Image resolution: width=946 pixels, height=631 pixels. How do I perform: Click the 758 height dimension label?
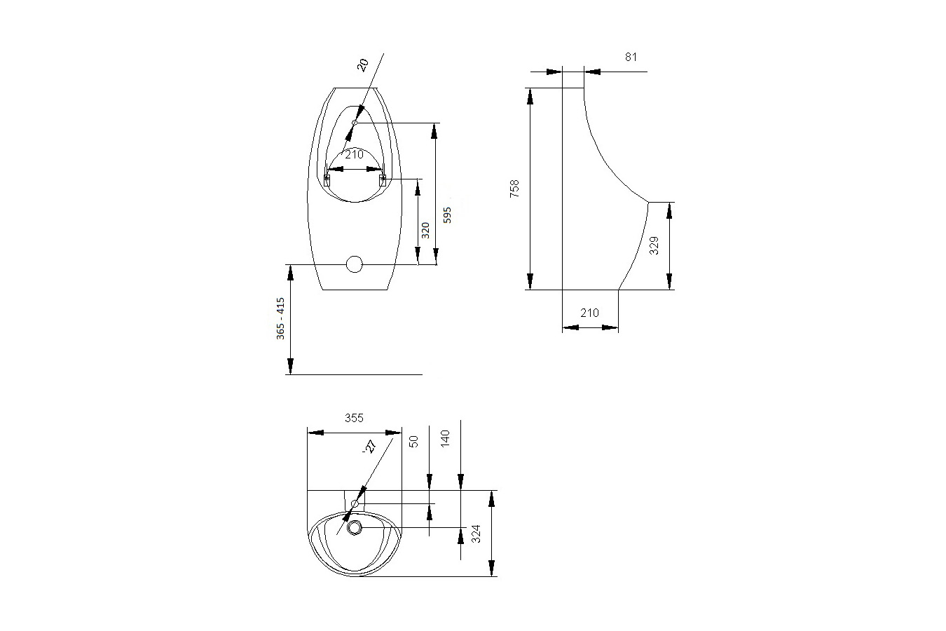pyautogui.click(x=514, y=189)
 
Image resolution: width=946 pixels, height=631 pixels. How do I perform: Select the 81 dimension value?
pyautogui.click(x=631, y=57)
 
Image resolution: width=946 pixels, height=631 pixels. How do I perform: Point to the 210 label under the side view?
pyautogui.click(x=589, y=313)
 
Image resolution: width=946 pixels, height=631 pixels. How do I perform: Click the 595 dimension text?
pyautogui.click(x=448, y=214)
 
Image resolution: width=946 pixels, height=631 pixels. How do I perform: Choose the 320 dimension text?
pyautogui.click(x=425, y=230)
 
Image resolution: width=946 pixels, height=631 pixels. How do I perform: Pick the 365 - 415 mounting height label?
pyautogui.click(x=280, y=319)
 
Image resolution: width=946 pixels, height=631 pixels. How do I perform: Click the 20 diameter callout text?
pyautogui.click(x=362, y=65)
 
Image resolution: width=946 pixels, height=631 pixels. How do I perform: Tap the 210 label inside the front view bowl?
pyautogui.click(x=354, y=154)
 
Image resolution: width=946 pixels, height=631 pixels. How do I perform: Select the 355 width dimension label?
pyautogui.click(x=354, y=418)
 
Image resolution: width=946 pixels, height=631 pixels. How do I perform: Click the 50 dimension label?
pyautogui.click(x=413, y=441)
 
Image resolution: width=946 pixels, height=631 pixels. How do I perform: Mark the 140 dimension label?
pyautogui.click(x=445, y=438)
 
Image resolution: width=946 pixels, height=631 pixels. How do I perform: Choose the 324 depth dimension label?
pyautogui.click(x=477, y=534)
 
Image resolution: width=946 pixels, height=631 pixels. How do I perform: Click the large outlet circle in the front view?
pyautogui.click(x=355, y=264)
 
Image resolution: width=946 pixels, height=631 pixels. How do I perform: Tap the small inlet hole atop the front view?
pyautogui.click(x=355, y=123)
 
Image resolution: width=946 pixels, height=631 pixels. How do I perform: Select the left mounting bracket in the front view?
pyautogui.click(x=327, y=180)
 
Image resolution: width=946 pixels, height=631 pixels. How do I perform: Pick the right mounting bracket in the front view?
pyautogui.click(x=383, y=180)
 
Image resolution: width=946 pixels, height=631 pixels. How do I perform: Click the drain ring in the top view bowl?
pyautogui.click(x=355, y=527)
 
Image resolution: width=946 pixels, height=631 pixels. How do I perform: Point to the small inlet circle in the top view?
pyautogui.click(x=355, y=503)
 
